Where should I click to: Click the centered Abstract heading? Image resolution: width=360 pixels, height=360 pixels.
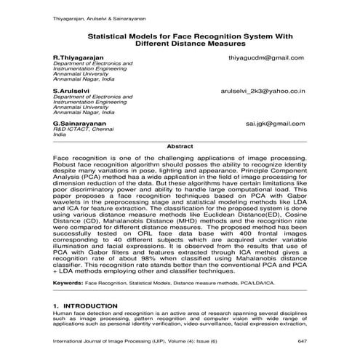tap(179, 146)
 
